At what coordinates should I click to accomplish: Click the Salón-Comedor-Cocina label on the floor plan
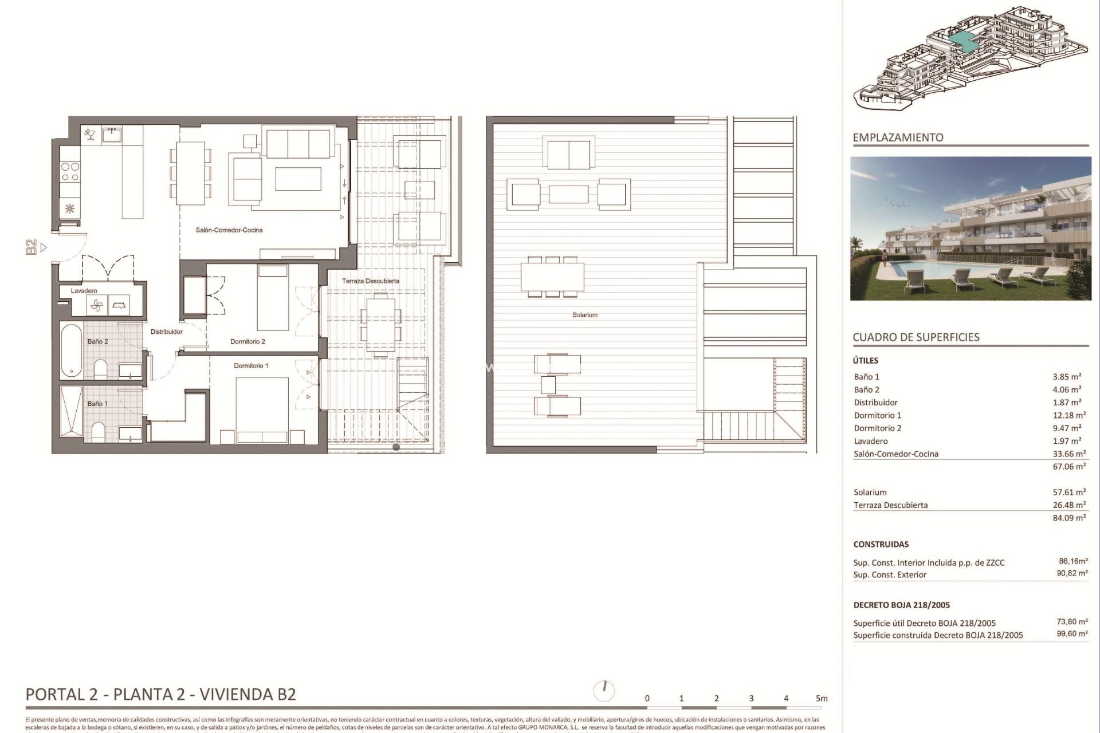click(229, 230)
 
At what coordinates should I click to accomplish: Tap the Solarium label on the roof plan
click(584, 315)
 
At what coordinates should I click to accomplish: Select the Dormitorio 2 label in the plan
click(247, 342)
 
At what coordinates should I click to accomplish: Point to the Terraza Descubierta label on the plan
click(370, 281)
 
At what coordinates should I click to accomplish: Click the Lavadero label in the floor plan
click(84, 291)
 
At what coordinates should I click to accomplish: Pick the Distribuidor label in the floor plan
click(166, 332)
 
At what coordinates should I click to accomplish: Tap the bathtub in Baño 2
click(72, 350)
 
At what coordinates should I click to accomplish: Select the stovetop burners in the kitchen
click(70, 172)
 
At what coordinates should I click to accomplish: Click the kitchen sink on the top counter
click(111, 135)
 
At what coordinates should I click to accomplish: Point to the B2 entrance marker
click(32, 247)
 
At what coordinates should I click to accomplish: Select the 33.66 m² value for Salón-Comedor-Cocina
click(1068, 454)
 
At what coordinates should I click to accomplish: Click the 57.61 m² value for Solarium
click(1068, 492)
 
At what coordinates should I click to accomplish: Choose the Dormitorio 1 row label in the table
click(877, 416)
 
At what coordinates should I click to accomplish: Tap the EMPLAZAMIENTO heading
click(897, 137)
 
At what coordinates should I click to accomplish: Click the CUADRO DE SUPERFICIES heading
click(916, 337)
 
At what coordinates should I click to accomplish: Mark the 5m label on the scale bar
click(822, 699)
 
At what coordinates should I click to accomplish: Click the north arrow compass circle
click(604, 691)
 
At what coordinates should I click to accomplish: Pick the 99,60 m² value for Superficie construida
click(1072, 634)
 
